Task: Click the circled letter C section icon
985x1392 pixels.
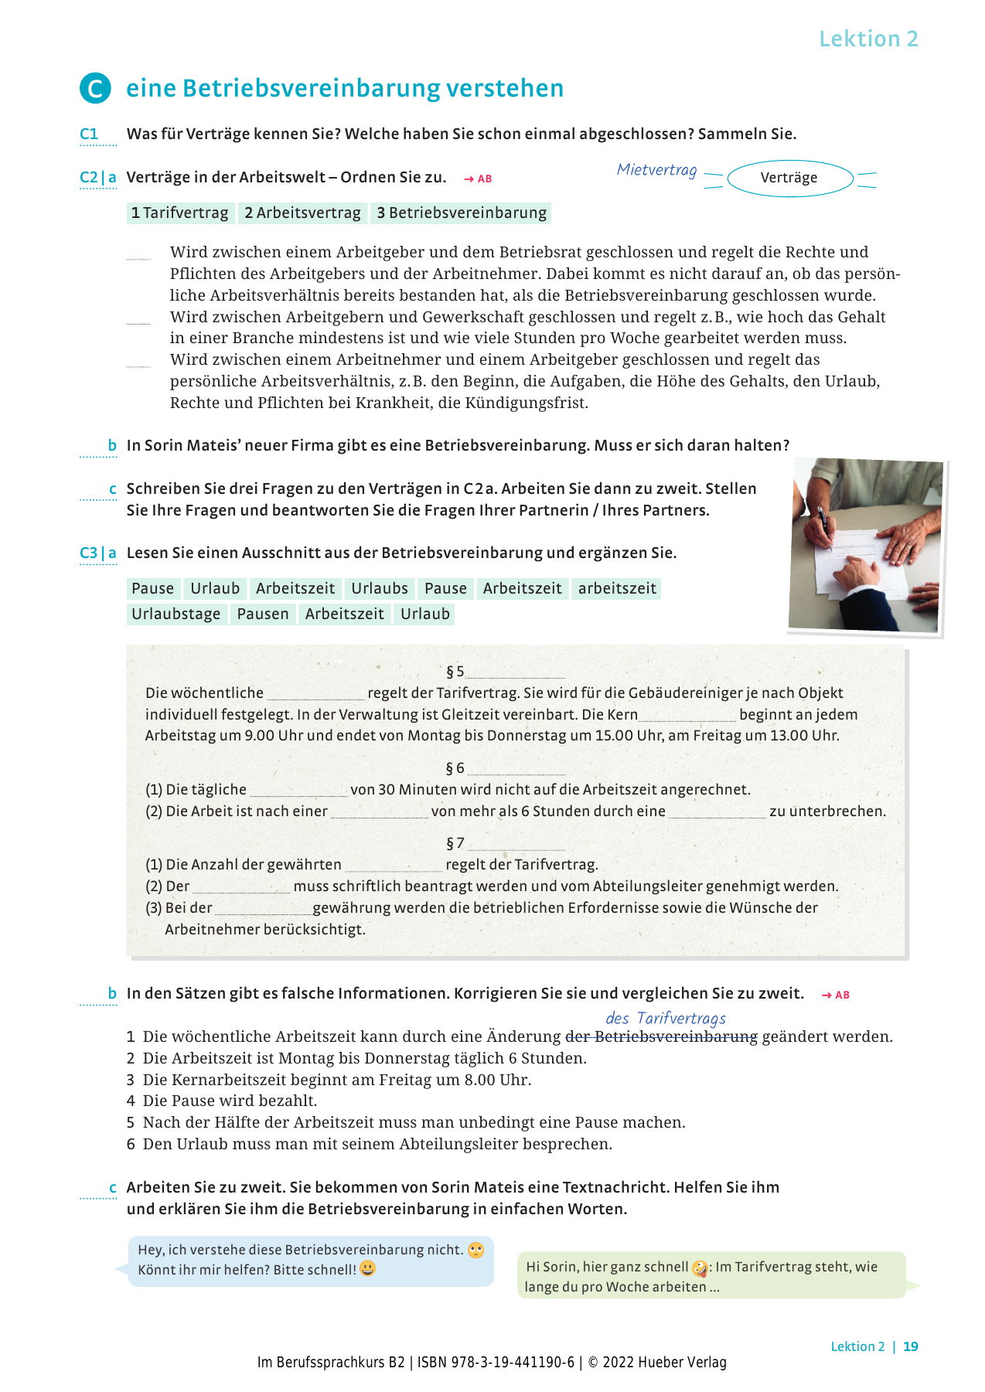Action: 95,89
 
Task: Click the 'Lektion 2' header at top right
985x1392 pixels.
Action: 868,39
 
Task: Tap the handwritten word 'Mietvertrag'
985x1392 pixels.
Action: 656,170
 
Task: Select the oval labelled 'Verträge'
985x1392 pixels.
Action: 789,178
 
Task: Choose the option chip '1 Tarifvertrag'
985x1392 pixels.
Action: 180,213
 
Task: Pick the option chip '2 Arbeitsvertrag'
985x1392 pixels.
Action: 302,213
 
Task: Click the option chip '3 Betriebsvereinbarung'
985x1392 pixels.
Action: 462,213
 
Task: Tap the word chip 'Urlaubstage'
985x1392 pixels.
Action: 176,614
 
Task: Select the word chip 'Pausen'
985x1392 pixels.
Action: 263,614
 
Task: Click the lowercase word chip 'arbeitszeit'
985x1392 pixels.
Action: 617,589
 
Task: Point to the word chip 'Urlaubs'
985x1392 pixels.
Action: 379,589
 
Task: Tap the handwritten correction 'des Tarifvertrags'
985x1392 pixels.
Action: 666,1019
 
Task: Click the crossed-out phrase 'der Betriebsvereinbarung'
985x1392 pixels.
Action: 662,1037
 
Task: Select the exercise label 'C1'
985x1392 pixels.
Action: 89,134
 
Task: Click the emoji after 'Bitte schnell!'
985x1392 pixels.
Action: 368,1269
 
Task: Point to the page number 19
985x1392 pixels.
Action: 911,1346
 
